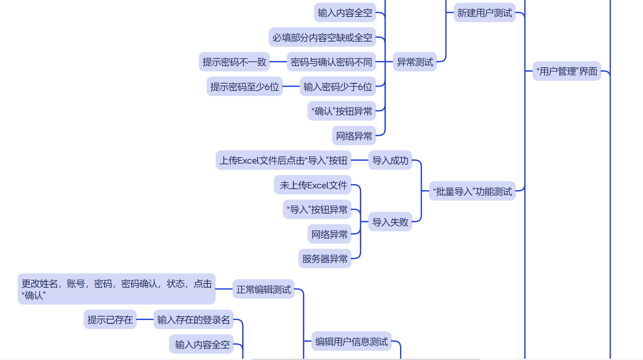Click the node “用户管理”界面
(x=567, y=71)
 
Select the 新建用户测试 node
(x=485, y=13)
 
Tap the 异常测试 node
(x=415, y=62)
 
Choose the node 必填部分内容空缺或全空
(x=322, y=38)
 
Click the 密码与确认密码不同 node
(x=331, y=62)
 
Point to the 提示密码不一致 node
(x=234, y=62)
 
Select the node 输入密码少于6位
(x=337, y=87)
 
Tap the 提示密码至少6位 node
(x=245, y=87)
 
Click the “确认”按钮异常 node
(x=342, y=111)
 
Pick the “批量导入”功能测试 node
(x=472, y=192)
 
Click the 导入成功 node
(x=390, y=161)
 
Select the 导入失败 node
(x=390, y=222)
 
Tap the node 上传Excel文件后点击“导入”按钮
(x=283, y=161)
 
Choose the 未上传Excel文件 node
(x=313, y=185)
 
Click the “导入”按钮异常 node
(x=317, y=209)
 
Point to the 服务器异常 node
(x=325, y=259)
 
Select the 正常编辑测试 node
(x=264, y=289)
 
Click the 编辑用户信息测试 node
(x=351, y=341)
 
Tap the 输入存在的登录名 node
(x=193, y=320)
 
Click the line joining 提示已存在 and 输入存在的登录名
(x=145, y=320)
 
